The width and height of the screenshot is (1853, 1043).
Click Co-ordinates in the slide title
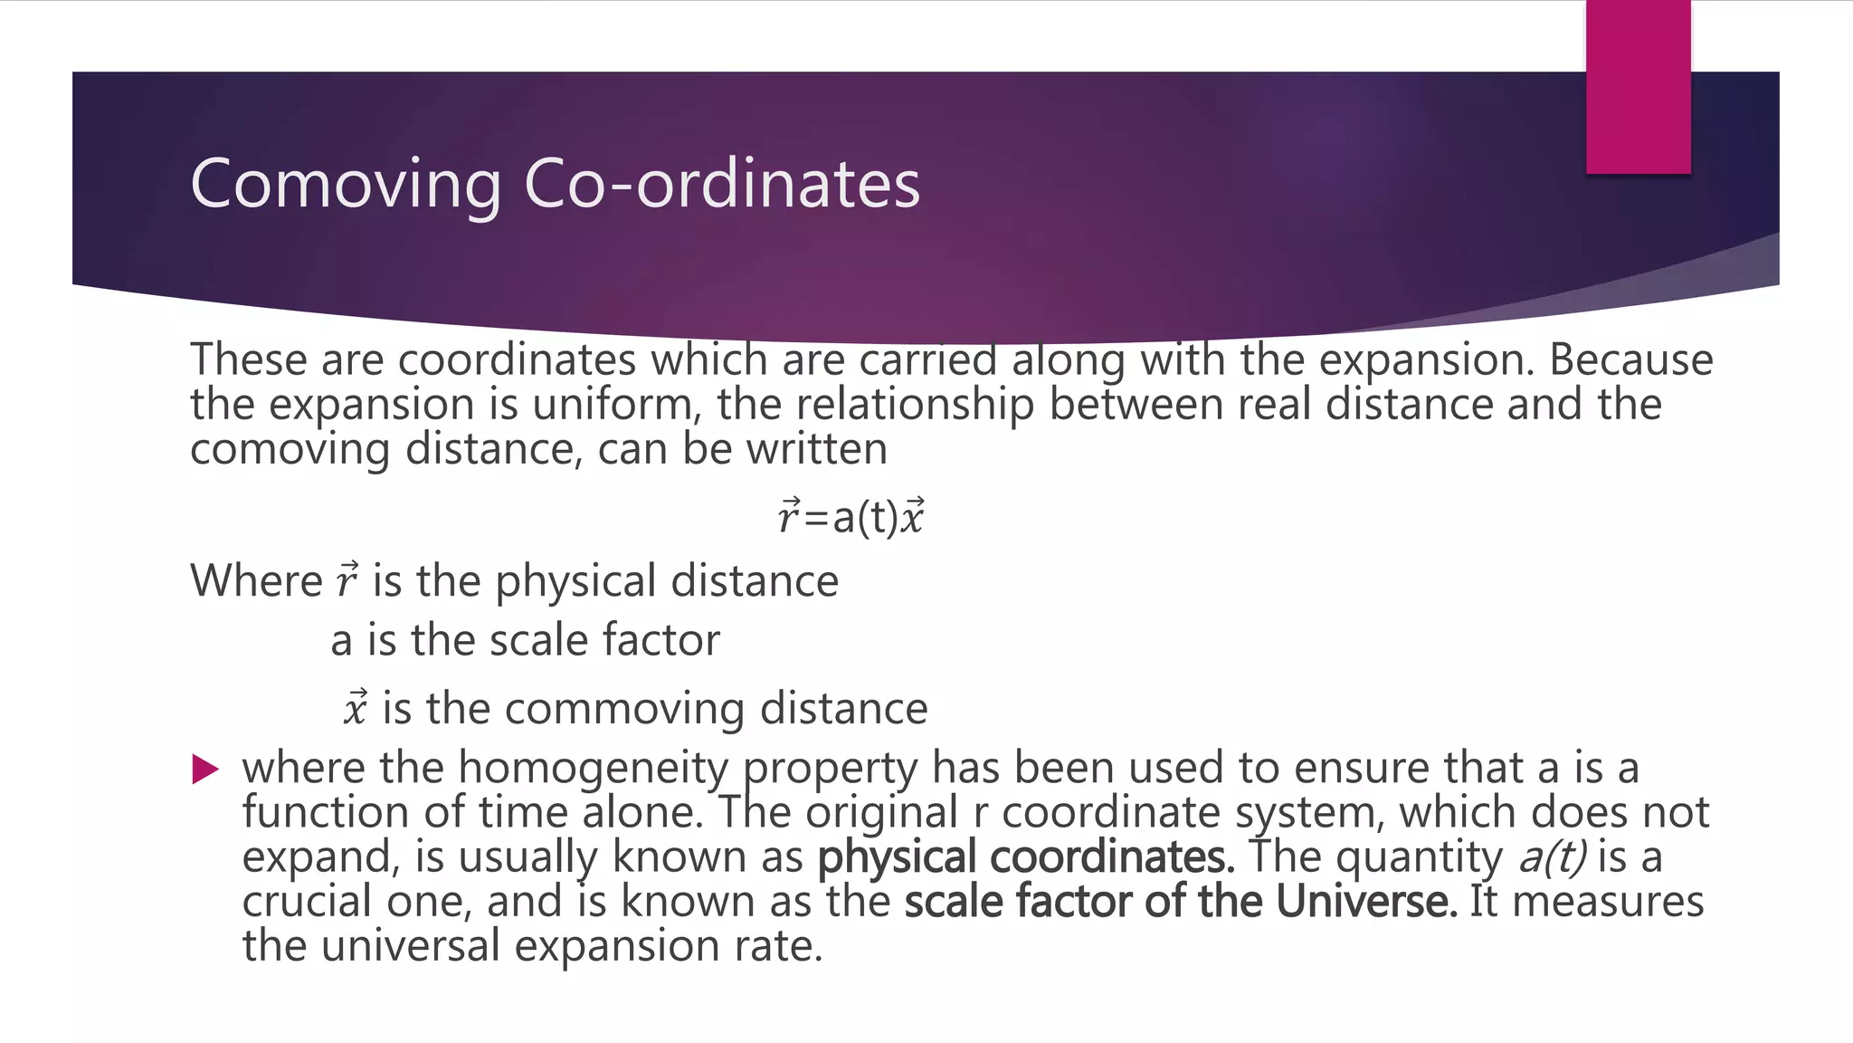(x=721, y=184)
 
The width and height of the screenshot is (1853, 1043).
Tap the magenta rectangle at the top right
(x=1638, y=87)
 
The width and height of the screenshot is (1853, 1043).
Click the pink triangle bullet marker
(x=206, y=770)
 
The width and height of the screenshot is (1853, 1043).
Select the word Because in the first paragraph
(x=1630, y=359)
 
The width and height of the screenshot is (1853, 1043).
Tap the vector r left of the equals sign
(x=788, y=516)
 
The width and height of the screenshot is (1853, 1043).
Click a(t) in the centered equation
(x=864, y=518)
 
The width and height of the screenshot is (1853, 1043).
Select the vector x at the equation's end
(x=913, y=516)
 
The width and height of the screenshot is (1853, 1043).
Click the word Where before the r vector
(x=256, y=580)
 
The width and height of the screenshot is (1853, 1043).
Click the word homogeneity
(x=593, y=768)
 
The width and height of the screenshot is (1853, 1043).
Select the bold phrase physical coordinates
(x=1025, y=856)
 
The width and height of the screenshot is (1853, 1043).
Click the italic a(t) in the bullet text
(x=1551, y=856)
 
